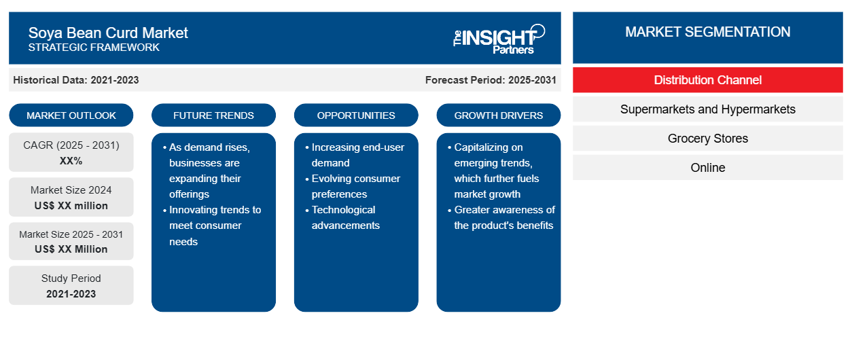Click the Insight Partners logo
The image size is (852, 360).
499,39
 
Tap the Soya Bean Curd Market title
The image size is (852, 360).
108,33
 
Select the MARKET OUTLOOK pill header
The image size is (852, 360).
71,115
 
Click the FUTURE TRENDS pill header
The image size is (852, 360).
213,115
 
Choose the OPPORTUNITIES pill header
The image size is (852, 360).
356,115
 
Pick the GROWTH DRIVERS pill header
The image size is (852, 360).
498,115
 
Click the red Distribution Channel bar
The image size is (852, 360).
708,80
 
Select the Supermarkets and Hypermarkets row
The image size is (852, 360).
708,109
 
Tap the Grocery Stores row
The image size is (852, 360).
708,139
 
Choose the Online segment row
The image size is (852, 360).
708,167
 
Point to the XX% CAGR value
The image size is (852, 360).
71,161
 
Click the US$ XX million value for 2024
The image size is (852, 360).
71,206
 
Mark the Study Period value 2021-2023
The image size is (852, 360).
71,294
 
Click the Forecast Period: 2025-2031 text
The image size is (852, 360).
491,80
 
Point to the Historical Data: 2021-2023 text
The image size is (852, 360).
76,80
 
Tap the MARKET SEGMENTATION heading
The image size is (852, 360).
708,32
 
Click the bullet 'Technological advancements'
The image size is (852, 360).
342,217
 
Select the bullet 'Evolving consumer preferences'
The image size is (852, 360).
353,186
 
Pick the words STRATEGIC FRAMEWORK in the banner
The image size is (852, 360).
94,48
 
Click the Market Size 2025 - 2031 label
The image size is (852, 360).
71,234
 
